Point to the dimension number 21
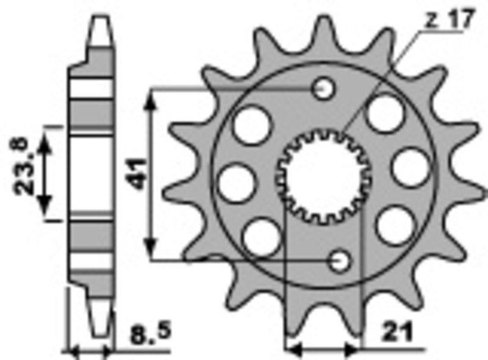click(396, 333)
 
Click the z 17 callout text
click(448, 20)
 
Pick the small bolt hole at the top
click(323, 90)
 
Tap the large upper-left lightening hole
click(251, 124)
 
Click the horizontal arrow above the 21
click(323, 350)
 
